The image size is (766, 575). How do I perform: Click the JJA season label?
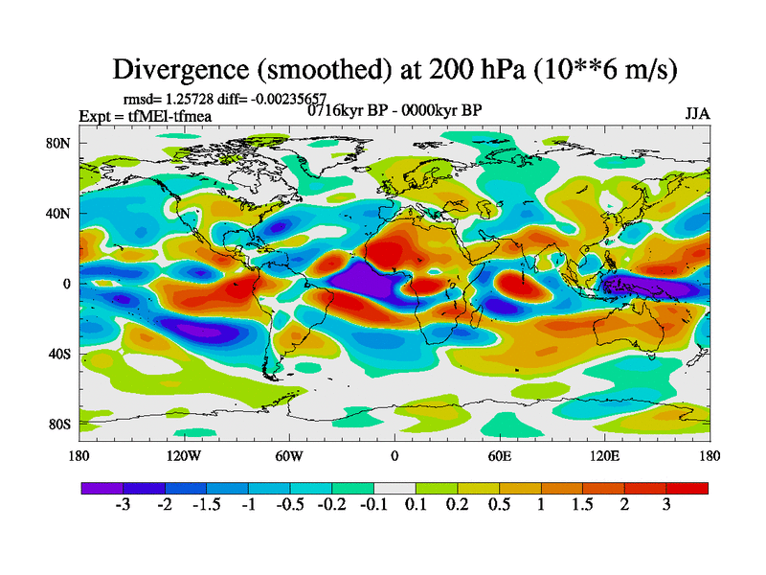coord(697,113)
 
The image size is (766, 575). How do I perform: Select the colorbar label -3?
coord(123,505)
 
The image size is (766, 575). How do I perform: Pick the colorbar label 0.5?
coord(499,505)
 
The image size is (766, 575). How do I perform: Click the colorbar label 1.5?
coord(582,505)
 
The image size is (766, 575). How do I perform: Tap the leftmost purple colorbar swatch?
coord(102,488)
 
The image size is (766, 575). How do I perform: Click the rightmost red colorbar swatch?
coord(687,488)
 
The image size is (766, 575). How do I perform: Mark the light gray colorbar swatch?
coord(394,488)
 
